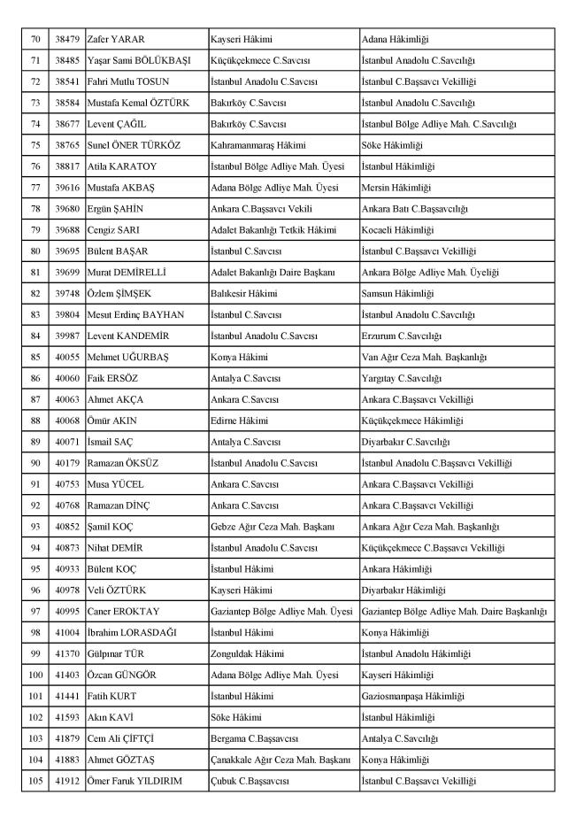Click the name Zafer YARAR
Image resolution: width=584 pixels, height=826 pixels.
click(116, 40)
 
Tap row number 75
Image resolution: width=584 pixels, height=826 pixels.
click(35, 144)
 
